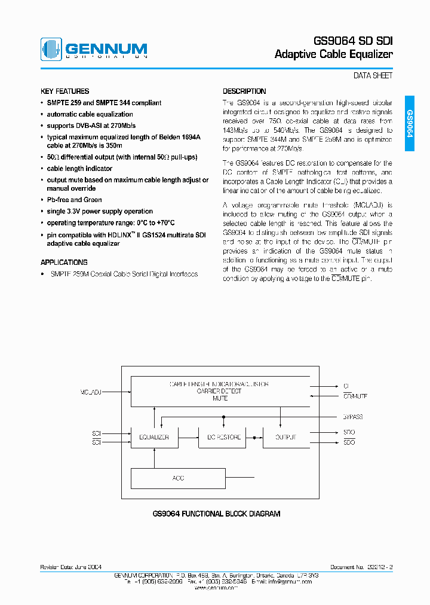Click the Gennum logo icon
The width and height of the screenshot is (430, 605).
pos(51,50)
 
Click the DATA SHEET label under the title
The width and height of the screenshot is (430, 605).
pos(373,76)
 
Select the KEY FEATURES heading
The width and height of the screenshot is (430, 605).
pos(64,91)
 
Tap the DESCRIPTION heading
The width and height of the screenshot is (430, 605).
pos(244,91)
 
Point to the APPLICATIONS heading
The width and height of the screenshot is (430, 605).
pos(64,262)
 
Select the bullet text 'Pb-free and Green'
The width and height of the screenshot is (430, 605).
pos(74,200)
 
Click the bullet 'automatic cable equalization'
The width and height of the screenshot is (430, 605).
pos(90,114)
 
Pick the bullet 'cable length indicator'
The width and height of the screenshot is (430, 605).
pos(79,169)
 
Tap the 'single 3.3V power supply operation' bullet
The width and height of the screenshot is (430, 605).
pos(100,211)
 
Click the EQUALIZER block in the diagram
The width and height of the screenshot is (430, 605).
pos(154,437)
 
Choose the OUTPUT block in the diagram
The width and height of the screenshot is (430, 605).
pos(285,437)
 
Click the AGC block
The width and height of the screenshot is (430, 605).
pos(178,478)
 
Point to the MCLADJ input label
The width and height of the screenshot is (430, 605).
pos(91,392)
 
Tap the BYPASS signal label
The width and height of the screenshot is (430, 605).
pos(353,417)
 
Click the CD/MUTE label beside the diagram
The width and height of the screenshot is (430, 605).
pos(355,396)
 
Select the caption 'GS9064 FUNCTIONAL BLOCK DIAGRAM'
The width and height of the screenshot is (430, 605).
pos(216,514)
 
